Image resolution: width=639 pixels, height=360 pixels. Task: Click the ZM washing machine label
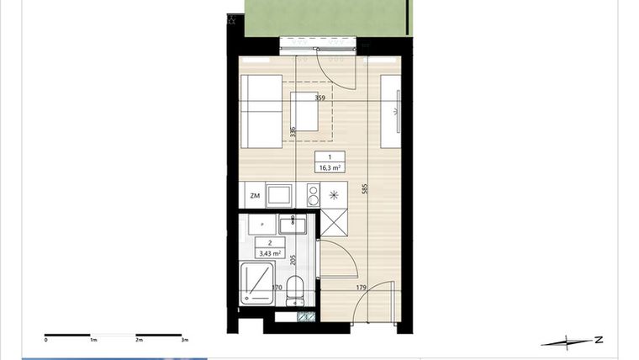pos(255,196)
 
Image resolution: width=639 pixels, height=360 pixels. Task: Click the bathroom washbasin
pos(295,225)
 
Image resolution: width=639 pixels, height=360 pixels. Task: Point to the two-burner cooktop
pos(313,196)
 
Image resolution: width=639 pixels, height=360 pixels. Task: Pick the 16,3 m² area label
pos(330,167)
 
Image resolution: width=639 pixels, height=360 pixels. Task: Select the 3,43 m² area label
pos(270,251)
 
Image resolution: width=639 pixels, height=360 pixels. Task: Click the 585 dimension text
pos(364,188)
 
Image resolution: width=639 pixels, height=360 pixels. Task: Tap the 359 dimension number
pos(319,98)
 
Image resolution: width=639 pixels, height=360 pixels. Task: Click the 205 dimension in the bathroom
pos(292,259)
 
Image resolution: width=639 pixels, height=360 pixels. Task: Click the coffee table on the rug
pos(304,111)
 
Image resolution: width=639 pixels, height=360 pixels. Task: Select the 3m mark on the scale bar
pos(184,341)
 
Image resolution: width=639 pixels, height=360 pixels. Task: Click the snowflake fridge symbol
pos(335,196)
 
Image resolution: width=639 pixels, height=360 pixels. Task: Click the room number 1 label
pos(330,158)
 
